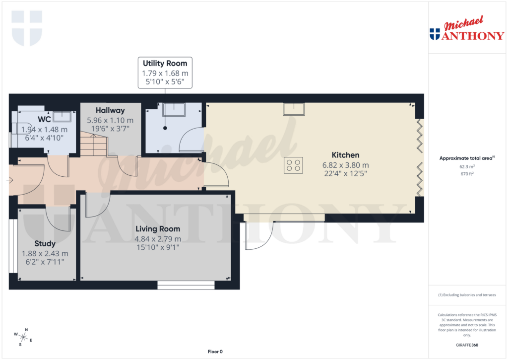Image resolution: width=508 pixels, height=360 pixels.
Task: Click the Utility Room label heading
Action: coord(165,64)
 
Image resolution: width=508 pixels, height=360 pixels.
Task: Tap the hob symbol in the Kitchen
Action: coord(294,165)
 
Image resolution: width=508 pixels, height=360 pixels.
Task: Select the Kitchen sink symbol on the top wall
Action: coord(294,108)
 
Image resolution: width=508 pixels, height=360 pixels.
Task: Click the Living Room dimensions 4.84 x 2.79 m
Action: coord(158,238)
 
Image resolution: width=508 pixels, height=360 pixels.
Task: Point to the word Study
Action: coord(45,244)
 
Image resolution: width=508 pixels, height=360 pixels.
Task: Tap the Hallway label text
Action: coord(110,110)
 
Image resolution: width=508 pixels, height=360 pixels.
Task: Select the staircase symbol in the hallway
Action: coord(94,145)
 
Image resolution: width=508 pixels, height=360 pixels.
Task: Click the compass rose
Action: coord(23,337)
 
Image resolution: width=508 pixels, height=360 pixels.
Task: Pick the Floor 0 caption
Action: coord(215,352)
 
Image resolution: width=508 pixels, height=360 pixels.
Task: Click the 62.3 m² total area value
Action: coord(466,167)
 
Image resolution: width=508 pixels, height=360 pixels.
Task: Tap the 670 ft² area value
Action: coord(466,174)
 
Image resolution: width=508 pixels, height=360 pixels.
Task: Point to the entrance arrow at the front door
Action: coord(10,180)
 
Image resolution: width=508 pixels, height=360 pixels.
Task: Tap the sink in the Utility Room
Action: coord(174,109)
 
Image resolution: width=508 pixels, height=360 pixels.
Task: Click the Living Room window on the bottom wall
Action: coord(186,285)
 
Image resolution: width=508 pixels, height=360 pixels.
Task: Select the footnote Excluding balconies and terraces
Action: coord(467,295)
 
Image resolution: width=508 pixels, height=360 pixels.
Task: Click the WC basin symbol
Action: coord(62,117)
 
